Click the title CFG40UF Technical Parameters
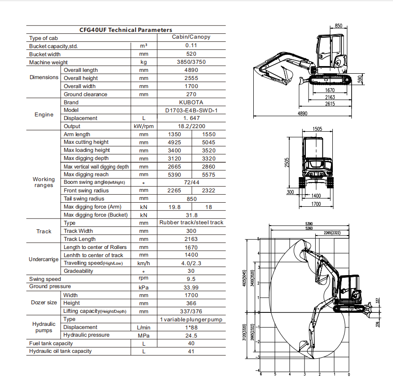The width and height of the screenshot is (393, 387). [126, 30]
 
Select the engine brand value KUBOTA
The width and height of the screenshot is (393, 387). [191, 102]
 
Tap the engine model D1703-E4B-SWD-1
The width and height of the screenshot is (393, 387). [191, 111]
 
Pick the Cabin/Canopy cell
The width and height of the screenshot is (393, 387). [191, 37]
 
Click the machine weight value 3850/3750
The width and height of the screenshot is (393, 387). [191, 62]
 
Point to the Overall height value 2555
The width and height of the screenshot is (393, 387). [191, 78]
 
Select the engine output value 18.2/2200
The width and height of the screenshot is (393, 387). [191, 126]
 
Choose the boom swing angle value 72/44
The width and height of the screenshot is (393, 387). [191, 182]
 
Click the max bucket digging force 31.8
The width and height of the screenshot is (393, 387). [191, 215]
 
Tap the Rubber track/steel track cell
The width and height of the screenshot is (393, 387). [191, 222]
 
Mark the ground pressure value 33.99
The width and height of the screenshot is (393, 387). [191, 287]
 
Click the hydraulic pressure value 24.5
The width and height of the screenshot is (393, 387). [191, 335]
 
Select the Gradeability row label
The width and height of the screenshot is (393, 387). [79, 271]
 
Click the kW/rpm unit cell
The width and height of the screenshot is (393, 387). [143, 126]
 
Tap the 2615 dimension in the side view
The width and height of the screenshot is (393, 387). [330, 103]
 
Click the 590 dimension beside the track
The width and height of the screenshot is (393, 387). [359, 79]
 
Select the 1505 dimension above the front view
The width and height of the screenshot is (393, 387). [317, 129]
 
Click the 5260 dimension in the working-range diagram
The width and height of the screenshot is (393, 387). [309, 228]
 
